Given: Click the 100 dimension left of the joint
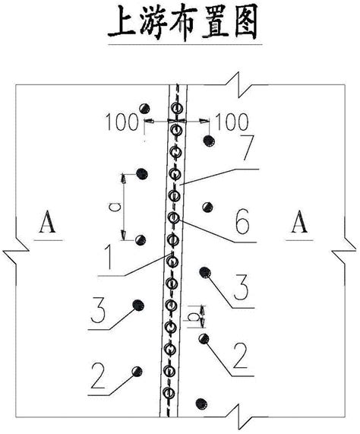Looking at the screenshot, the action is point(122,122).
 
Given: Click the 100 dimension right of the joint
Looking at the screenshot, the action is point(232,122).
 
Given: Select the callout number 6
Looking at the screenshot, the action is point(242,222).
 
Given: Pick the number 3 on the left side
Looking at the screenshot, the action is point(99,310).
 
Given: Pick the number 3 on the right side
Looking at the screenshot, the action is point(241,287).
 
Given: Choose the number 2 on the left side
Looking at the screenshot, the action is point(98,375).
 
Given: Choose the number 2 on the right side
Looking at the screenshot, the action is point(240,356).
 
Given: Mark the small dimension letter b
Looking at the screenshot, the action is point(194,317).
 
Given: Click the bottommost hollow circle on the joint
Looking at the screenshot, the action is point(169,393).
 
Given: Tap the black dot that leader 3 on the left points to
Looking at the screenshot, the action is point(138,305).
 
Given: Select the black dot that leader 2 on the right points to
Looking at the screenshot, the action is point(204,339).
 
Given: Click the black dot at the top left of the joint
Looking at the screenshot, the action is point(144,108).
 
